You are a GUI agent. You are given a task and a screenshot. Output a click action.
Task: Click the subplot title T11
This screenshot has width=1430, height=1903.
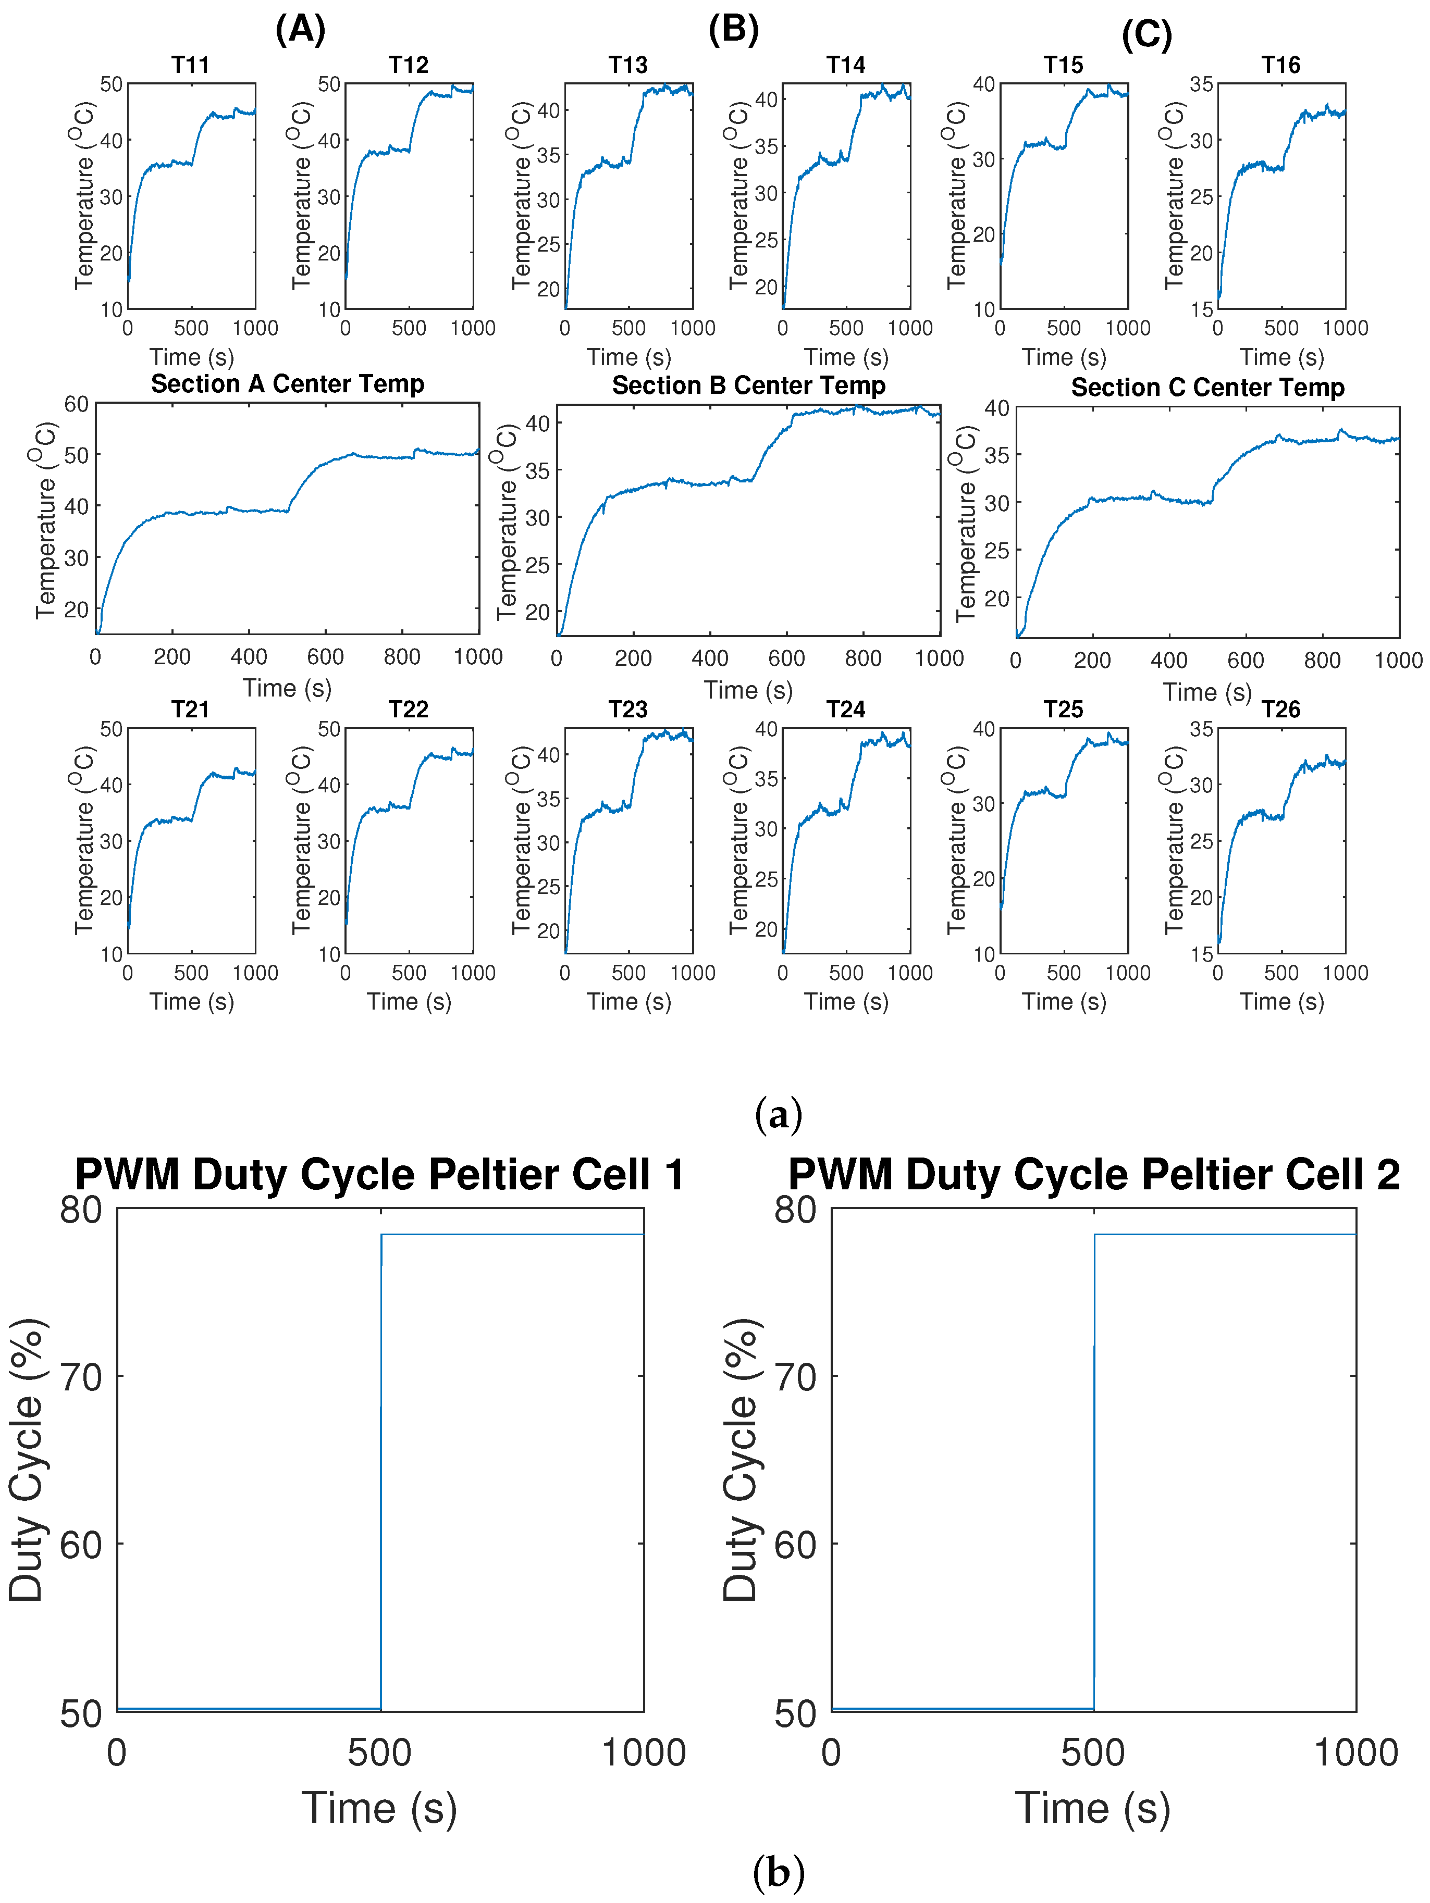[190, 66]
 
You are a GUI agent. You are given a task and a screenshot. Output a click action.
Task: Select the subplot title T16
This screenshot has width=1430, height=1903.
[1280, 66]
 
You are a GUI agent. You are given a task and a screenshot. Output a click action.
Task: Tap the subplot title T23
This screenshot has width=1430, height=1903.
[628, 710]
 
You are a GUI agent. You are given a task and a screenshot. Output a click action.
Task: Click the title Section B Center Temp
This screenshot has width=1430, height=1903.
[748, 385]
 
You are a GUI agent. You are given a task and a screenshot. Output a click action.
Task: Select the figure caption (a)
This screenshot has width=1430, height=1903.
[778, 1115]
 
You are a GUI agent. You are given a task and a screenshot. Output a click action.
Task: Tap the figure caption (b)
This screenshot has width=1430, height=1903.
[778, 1874]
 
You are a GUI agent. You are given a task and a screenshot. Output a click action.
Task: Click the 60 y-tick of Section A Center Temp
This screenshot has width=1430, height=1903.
[77, 404]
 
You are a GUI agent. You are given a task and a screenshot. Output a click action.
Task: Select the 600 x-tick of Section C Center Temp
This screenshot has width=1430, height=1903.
[1245, 661]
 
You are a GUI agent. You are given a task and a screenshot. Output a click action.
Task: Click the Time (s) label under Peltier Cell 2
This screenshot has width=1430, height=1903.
[1093, 1808]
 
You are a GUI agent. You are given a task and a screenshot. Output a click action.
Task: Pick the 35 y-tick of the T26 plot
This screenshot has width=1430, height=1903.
[1201, 729]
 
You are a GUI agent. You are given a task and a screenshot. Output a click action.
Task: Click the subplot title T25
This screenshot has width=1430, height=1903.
[1064, 710]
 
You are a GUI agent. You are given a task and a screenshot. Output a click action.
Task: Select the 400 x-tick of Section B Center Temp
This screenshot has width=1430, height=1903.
[710, 659]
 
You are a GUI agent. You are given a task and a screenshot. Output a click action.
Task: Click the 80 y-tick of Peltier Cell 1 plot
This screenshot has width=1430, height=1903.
[81, 1210]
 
